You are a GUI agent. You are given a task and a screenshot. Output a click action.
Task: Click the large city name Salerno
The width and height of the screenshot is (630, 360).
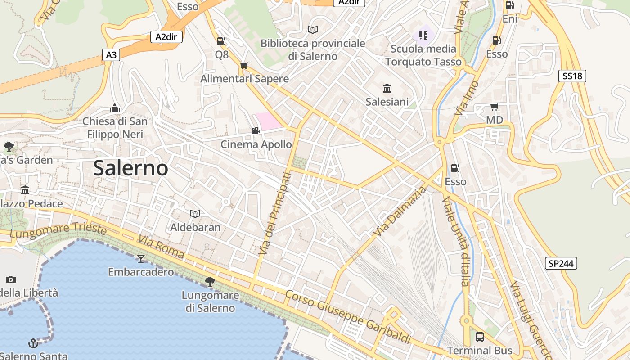pos(130,168)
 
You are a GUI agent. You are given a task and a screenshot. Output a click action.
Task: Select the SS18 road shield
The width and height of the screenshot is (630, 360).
pos(572,76)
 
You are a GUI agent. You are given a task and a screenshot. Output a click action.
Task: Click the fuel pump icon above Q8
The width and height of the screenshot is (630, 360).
pos(221,41)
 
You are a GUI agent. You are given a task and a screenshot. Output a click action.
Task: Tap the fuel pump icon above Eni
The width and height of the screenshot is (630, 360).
pos(510,5)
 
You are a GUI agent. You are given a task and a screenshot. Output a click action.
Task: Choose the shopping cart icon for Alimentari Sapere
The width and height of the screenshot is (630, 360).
pos(244,66)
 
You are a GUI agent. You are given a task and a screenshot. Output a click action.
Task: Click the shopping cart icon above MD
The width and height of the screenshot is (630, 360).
pos(495,107)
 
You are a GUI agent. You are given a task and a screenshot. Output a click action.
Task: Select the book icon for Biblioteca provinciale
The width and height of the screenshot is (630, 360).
pos(313,30)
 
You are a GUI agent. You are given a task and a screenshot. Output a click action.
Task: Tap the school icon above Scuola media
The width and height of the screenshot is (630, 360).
pos(423,35)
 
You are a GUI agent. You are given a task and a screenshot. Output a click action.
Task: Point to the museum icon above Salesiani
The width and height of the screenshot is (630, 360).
pos(387,88)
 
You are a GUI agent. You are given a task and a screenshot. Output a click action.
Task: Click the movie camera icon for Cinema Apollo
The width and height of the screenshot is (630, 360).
pos(256,130)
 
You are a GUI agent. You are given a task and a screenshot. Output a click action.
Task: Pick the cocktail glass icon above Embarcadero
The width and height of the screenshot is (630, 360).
pos(141,258)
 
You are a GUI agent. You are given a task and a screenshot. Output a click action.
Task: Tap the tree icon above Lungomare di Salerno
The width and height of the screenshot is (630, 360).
pos(210,282)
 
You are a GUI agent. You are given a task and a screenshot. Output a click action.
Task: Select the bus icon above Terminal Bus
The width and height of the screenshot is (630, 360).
pos(480,337)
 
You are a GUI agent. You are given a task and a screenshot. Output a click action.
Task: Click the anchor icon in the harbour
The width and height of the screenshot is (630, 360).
pos(33,344)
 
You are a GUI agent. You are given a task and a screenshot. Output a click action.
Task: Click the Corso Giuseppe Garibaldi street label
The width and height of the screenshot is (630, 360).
pos(348,317)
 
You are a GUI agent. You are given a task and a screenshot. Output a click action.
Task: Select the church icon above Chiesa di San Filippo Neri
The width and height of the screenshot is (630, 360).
pos(115,108)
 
